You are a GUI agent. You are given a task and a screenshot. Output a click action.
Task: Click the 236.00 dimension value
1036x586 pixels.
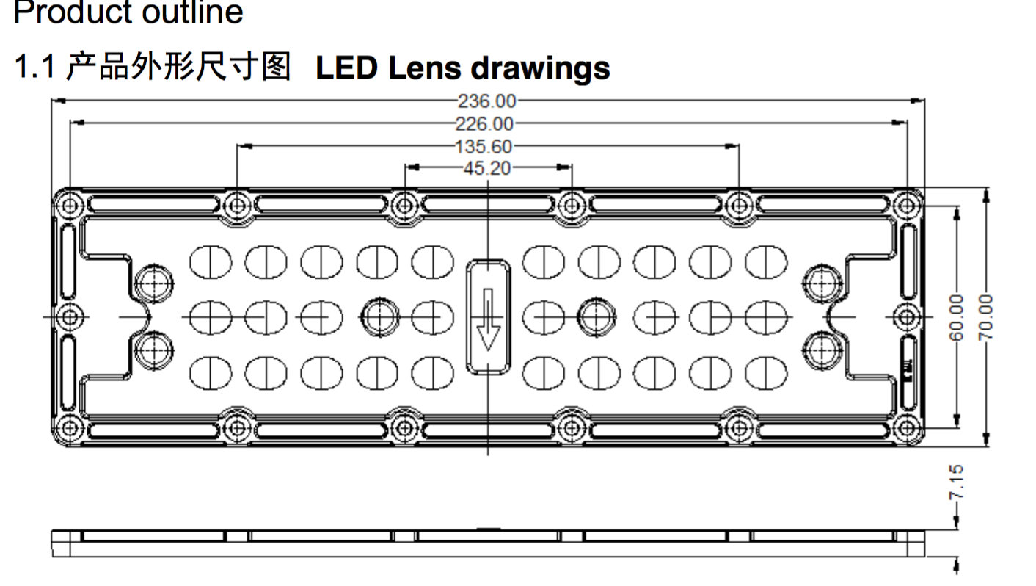click(487, 101)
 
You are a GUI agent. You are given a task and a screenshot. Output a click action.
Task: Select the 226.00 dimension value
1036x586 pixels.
click(484, 123)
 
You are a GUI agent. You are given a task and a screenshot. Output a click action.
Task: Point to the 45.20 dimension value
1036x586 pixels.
click(486, 168)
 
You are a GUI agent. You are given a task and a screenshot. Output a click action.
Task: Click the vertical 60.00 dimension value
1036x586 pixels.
click(956, 317)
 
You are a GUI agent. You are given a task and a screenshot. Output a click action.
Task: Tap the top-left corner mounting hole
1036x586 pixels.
click(70, 206)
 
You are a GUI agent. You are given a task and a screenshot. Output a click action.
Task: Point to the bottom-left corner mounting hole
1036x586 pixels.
click(70, 427)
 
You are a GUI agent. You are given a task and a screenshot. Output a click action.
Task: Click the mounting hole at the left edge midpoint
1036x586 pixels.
click(70, 317)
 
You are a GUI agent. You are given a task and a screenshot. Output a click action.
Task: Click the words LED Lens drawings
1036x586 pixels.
click(462, 68)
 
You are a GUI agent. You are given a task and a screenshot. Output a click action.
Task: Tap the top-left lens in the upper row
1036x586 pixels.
click(211, 261)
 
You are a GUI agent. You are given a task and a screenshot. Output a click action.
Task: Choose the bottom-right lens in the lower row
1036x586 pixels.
click(766, 373)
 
